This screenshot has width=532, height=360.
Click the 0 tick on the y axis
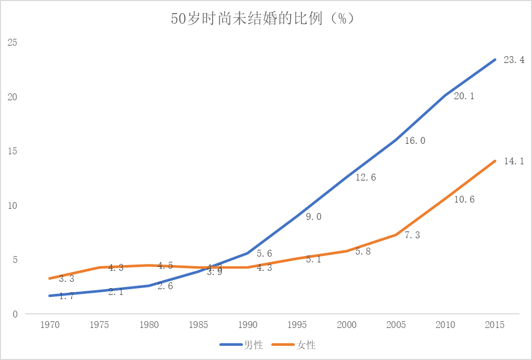[15, 314]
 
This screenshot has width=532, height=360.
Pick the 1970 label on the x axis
[50, 325]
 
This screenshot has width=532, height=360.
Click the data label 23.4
[514, 60]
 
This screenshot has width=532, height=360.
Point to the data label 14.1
[514, 162]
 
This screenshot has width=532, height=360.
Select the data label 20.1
[464, 96]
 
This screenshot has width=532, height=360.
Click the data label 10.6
[464, 199]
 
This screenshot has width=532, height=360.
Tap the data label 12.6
[365, 177]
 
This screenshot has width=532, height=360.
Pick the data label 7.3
[412, 235]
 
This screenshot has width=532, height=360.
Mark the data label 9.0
[314, 216]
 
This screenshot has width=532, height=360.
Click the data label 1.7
[66, 297]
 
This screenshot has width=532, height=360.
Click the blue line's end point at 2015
[495, 60]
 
